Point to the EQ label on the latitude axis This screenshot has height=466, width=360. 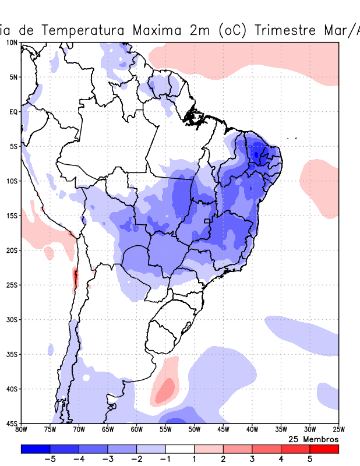tap(13, 111)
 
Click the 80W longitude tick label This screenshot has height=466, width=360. tap(21, 430)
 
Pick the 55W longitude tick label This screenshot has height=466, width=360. tap(165, 430)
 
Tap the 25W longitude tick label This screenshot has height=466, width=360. tap(338, 430)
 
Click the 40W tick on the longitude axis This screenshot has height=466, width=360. tap(252, 430)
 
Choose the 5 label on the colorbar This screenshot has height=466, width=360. tap(310, 458)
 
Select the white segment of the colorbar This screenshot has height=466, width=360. tap(180, 449)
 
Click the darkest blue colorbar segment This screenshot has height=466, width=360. tap(35, 449)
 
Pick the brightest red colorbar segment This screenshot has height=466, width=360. tap(324, 449)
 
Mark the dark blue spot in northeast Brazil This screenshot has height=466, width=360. tap(257, 154)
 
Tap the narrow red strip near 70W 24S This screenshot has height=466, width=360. tap(75, 278)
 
